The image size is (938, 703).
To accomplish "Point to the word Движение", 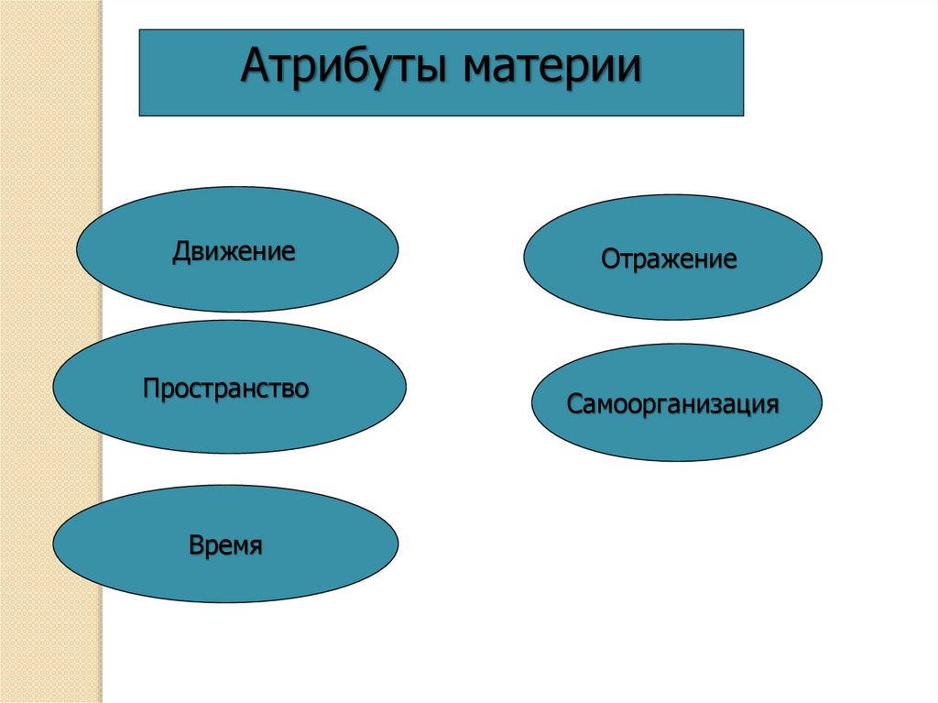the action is [x=234, y=251].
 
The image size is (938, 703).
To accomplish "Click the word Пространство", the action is [x=225, y=389].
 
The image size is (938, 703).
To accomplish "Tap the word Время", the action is [x=225, y=546].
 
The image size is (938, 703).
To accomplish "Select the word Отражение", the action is [x=669, y=259].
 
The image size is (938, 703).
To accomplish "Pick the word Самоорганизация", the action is [x=673, y=404].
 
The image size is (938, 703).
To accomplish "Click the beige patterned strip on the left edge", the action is [x=50, y=367].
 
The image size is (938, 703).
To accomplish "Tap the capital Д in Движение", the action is [x=180, y=252].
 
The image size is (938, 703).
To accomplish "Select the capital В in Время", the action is [x=196, y=546].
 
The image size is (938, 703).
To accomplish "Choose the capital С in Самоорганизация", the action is [x=573, y=404].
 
